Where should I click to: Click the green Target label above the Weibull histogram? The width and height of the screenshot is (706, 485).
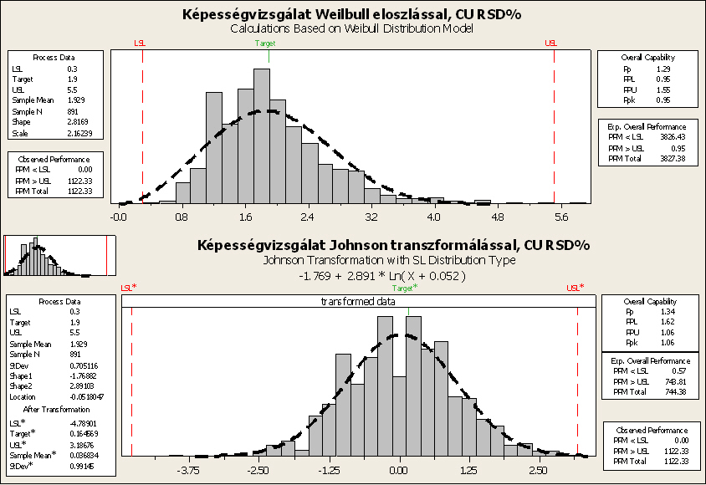pos(265,43)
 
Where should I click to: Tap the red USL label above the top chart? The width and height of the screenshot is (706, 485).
pos(550,43)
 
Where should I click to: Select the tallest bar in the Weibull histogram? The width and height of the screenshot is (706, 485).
pos(262,134)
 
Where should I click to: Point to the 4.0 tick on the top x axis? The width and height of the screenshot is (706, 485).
pos(433,217)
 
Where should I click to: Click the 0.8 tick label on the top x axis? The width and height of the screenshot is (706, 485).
pos(182,217)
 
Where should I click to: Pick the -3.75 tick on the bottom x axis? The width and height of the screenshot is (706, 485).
pos(190,470)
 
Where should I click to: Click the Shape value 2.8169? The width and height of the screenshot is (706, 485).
pos(78,122)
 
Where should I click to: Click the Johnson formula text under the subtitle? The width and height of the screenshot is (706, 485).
pos(381,275)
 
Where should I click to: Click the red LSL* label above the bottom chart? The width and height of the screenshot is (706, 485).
pos(129,288)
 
